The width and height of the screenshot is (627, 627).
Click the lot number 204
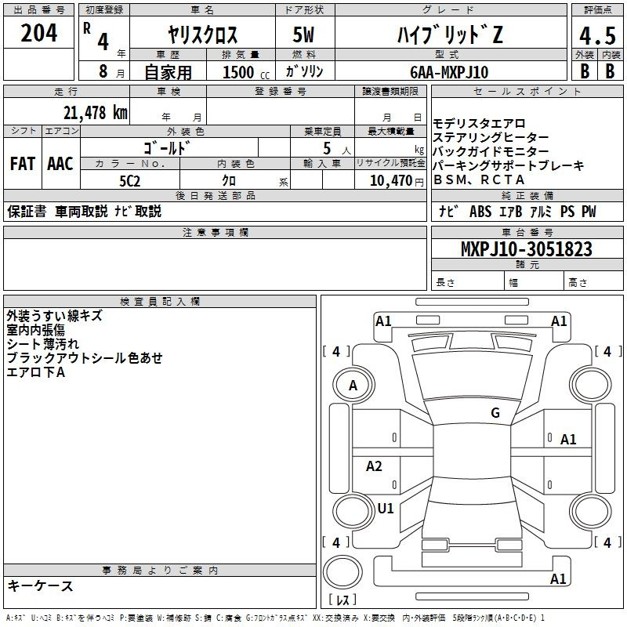38,33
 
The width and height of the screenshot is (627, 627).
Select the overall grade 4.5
597,36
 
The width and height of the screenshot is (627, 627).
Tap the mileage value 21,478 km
95,113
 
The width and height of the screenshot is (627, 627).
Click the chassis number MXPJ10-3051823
526,248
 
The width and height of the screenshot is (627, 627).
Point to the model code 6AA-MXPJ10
449,72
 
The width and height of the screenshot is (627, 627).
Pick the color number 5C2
129,181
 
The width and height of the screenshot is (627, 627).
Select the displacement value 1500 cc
246,72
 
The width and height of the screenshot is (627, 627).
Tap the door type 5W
303,34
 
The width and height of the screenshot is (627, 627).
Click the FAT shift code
23,164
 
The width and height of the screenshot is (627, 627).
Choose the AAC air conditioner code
60,164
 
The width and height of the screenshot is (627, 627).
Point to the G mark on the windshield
495,413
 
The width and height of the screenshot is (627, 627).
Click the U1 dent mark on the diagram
386,508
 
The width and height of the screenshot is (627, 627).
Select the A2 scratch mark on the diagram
374,466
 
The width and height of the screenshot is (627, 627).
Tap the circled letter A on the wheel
353,386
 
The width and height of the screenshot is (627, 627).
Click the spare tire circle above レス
342,571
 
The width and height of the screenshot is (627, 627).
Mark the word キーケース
40,585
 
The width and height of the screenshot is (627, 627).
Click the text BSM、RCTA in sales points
479,180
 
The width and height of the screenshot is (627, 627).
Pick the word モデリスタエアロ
479,123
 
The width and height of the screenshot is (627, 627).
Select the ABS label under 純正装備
480,211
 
